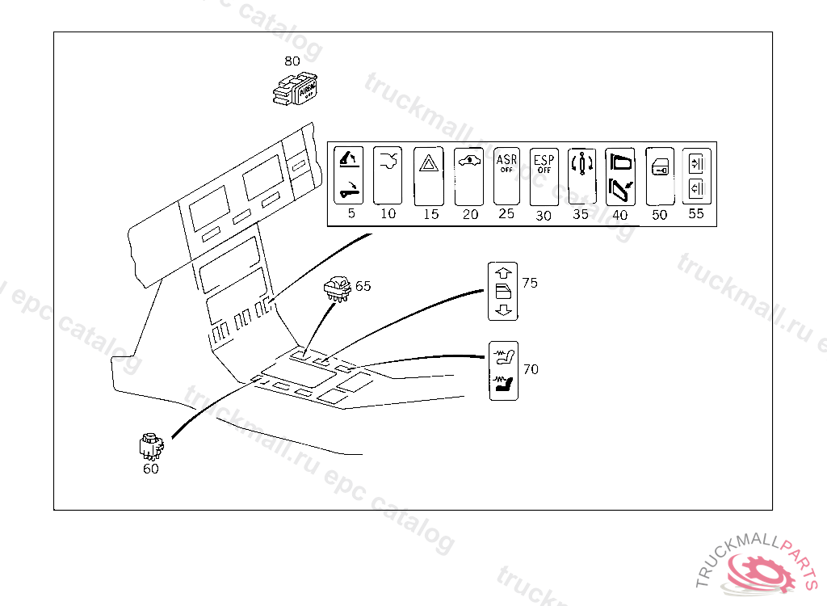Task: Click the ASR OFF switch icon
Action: (x=506, y=176)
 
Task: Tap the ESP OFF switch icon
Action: (x=544, y=176)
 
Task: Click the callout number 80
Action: (x=292, y=61)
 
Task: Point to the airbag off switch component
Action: (x=296, y=91)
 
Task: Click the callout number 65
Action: (x=363, y=286)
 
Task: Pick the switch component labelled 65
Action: (x=336, y=288)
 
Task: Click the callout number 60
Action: (x=151, y=469)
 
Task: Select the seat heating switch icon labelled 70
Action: (x=504, y=371)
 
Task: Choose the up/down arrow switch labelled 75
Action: (x=503, y=291)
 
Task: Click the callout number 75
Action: (x=530, y=283)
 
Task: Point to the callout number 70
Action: (x=531, y=369)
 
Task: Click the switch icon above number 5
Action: (x=349, y=175)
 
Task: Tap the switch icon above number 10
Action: (x=388, y=175)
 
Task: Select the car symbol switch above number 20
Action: (x=469, y=175)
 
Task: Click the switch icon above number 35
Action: (x=581, y=176)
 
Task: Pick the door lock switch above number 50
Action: (x=660, y=176)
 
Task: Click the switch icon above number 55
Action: (x=696, y=176)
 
